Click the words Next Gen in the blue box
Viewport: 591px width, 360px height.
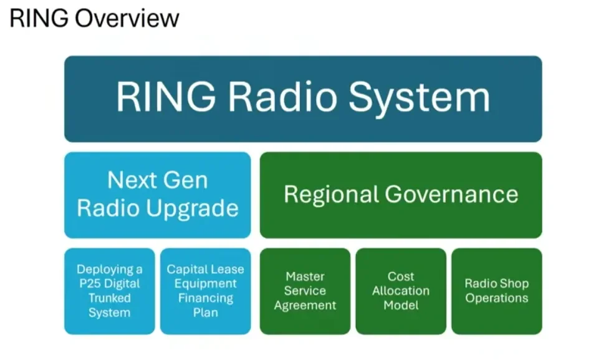(157, 180)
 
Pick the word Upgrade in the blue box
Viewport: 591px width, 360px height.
(198, 208)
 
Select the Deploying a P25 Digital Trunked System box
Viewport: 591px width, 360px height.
(109, 291)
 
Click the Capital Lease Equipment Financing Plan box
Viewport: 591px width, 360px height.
(205, 291)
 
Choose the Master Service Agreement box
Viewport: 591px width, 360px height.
(305, 291)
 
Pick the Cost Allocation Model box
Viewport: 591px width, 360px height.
(401, 291)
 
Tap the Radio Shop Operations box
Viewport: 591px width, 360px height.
(496, 291)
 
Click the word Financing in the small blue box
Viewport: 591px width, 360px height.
(205, 298)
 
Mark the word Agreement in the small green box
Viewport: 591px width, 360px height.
(305, 306)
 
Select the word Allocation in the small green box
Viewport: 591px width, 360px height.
(401, 291)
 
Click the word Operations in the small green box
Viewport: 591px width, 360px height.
(496, 298)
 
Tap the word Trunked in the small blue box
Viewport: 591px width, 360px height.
(110, 298)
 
